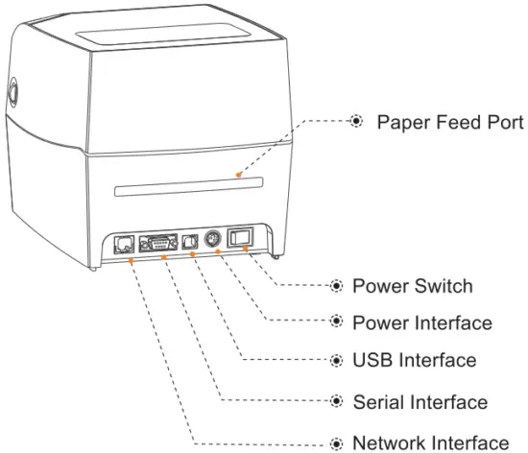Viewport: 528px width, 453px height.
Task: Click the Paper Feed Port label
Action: [450, 123]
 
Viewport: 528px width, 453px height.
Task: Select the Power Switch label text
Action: [412, 286]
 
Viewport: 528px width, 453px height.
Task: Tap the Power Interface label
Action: [422, 322]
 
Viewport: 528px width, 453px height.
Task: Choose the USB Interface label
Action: [415, 361]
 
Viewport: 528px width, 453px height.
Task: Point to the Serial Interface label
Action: [420, 401]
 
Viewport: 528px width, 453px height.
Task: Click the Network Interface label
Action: [429, 442]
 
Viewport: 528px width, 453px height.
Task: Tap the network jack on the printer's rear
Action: [124, 244]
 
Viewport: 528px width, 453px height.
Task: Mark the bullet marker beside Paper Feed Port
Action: [355, 123]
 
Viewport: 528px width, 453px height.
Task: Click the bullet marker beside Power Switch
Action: [336, 286]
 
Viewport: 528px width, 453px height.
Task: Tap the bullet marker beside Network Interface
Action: [336, 442]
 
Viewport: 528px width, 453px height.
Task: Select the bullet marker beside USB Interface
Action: [336, 361]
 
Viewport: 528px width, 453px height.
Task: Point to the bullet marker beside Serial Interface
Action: [336, 401]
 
